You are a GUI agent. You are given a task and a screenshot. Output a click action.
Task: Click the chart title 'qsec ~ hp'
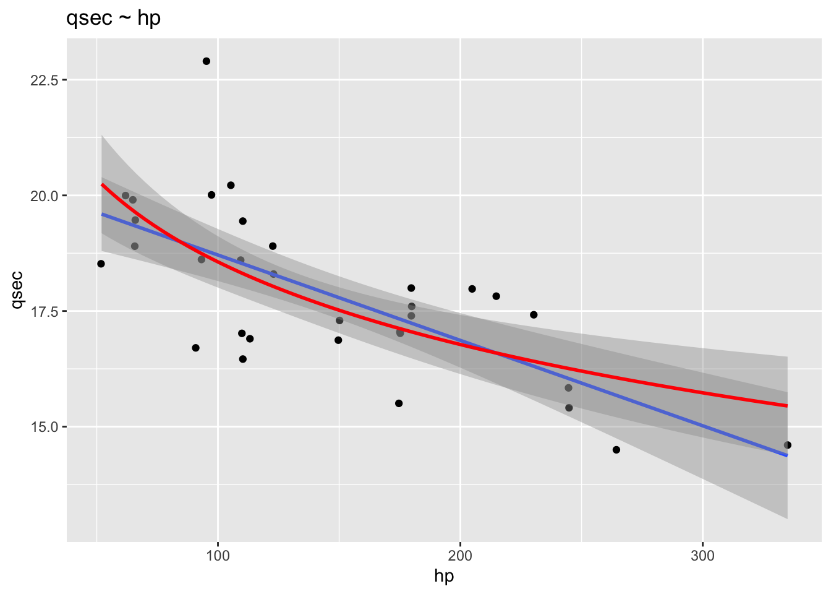tap(113, 19)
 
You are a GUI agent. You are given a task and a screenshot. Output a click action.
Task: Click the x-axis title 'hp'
tap(444, 576)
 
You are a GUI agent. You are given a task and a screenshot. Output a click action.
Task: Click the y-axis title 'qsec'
tap(18, 289)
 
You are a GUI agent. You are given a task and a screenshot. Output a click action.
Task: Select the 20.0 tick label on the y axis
tap(43, 196)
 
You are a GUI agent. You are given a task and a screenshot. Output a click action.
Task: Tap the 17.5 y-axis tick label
tap(43, 311)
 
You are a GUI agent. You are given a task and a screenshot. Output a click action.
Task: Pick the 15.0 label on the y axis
tap(43, 427)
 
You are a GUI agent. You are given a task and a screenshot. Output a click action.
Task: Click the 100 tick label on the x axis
tap(218, 556)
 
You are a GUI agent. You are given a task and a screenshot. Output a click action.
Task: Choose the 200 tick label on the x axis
tap(460, 556)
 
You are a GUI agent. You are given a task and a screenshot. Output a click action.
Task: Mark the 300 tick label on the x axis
tap(702, 556)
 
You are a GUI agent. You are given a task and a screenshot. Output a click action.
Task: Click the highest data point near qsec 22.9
tap(207, 61)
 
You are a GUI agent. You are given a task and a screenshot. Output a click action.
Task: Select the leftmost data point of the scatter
tap(101, 264)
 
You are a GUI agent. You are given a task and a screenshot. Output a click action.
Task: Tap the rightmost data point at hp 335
tap(787, 445)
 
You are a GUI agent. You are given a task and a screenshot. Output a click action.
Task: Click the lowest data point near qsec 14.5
tap(616, 450)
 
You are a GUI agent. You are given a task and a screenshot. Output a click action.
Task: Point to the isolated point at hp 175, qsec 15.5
tap(399, 403)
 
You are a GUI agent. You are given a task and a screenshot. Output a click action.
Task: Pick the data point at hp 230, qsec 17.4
tap(534, 315)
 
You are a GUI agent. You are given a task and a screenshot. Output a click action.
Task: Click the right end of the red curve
tap(786, 406)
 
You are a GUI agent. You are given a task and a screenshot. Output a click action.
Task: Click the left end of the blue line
tap(102, 214)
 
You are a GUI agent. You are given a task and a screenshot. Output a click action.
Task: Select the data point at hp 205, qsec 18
tap(472, 289)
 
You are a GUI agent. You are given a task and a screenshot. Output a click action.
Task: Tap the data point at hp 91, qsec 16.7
tap(195, 348)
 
